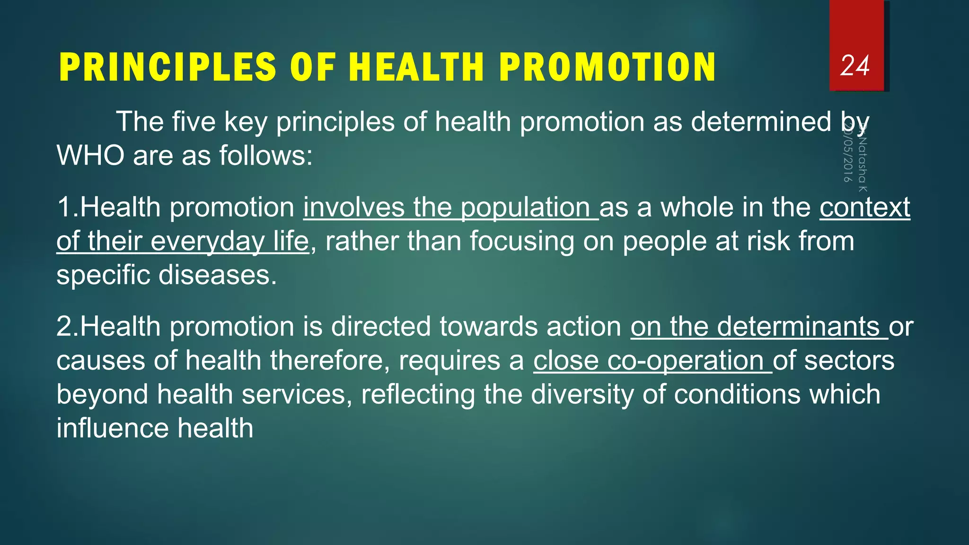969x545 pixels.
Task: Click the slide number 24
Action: pyautogui.click(x=855, y=66)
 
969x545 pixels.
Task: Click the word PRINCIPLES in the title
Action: pyautogui.click(x=168, y=67)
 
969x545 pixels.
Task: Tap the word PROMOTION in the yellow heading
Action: pyautogui.click(x=608, y=67)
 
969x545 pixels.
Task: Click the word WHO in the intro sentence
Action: pyautogui.click(x=90, y=155)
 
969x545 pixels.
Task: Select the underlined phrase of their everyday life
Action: pyautogui.click(x=182, y=241)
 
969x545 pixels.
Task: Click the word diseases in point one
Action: pyautogui.click(x=217, y=275)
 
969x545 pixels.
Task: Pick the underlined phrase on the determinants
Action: pyautogui.click(x=758, y=326)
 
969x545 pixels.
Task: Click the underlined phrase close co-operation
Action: pyautogui.click(x=652, y=360)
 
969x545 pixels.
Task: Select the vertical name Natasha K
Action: pyautogui.click(x=863, y=163)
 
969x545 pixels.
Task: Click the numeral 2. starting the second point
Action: pyautogui.click(x=67, y=326)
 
